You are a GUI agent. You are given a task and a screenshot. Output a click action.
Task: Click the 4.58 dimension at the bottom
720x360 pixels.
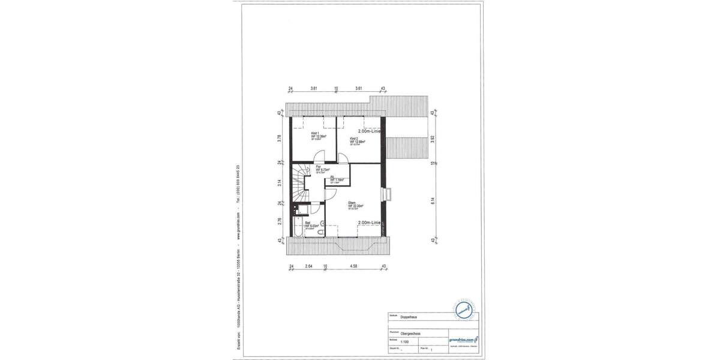point(354,265)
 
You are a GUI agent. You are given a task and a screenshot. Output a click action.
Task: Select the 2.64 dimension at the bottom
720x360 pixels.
point(308,265)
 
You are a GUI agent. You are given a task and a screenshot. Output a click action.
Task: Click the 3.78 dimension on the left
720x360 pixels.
point(280,139)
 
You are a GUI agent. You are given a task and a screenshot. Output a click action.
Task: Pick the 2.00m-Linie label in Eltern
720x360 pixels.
point(369,223)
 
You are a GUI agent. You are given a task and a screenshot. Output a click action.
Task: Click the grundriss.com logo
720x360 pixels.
point(463,340)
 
